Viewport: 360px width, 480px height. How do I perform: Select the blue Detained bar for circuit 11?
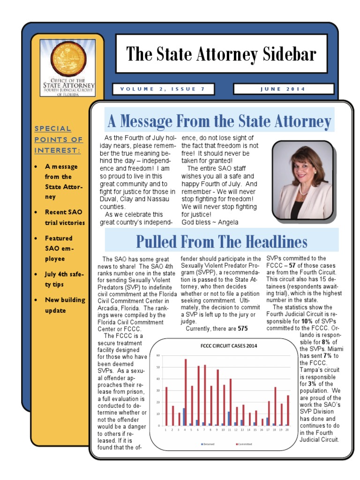pyautogui.click(x=228, y=419)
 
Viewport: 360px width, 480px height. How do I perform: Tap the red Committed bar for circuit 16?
pyautogui.click(x=262, y=422)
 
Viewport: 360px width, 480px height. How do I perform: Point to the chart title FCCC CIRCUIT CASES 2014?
pyautogui.click(x=225, y=346)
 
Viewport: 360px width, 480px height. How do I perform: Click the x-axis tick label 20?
pyautogui.click(x=287, y=429)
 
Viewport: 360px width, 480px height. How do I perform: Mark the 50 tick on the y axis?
pyautogui.click(x=158, y=367)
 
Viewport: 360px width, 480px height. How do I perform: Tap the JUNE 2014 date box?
pyautogui.click(x=283, y=89)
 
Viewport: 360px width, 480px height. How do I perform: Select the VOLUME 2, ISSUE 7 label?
pyautogui.click(x=163, y=89)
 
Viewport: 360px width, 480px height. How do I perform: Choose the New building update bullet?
pyautogui.click(x=65, y=305)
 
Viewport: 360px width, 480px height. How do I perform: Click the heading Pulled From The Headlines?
pyautogui.click(x=221, y=241)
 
